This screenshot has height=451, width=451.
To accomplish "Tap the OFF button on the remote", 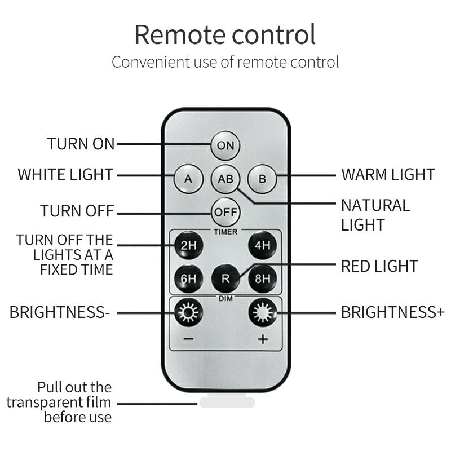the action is pyautogui.click(x=225, y=213).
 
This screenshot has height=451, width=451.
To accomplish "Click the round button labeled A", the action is pyautogui.click(x=188, y=179).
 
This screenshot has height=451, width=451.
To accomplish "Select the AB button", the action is pyautogui.click(x=225, y=179).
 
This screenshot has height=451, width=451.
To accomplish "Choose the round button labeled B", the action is pyautogui.click(x=262, y=179).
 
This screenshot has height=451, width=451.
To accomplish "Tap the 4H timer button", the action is pyautogui.click(x=262, y=245).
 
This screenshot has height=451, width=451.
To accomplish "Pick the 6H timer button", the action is pyautogui.click(x=188, y=278).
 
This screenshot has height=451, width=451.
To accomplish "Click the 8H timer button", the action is pyautogui.click(x=262, y=278).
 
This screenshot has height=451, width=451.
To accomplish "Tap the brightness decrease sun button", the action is pyautogui.click(x=188, y=312).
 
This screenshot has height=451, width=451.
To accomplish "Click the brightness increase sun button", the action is pyautogui.click(x=262, y=312).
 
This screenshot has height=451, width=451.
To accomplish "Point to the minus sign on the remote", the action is pyautogui.click(x=188, y=339).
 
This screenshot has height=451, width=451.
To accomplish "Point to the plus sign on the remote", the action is pyautogui.click(x=263, y=339).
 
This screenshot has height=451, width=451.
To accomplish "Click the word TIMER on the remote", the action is pyautogui.click(x=226, y=232).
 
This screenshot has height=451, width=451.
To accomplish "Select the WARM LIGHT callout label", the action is pyautogui.click(x=388, y=175).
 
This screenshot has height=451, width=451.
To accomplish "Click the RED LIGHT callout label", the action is pyautogui.click(x=379, y=266).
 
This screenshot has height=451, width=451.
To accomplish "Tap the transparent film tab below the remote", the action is pyautogui.click(x=227, y=401).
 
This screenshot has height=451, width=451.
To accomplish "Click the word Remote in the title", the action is pyautogui.click(x=180, y=35).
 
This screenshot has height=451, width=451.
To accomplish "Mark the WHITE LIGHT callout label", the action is pyautogui.click(x=65, y=175).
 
